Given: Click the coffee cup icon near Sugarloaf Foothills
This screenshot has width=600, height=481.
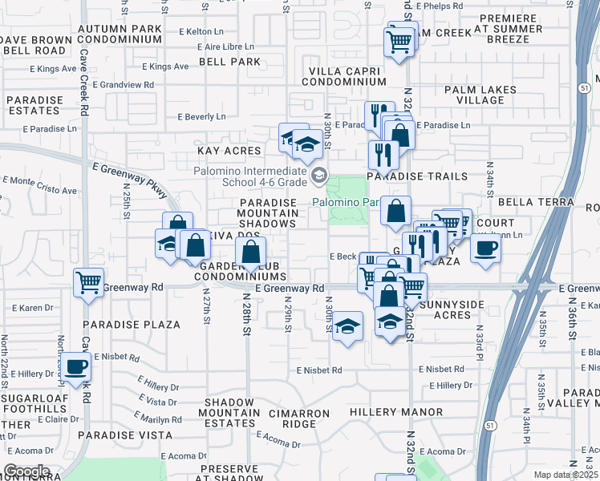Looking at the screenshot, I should click(x=76, y=367).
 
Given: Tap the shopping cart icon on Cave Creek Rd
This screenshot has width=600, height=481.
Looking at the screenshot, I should click(x=88, y=282).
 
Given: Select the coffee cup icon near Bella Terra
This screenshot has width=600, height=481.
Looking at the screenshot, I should click(x=485, y=249).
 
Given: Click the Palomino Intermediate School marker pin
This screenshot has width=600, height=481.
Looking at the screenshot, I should click(x=319, y=175).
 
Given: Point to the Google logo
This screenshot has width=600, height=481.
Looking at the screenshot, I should click(x=26, y=471).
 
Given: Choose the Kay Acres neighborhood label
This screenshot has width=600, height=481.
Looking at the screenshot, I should click(x=229, y=151).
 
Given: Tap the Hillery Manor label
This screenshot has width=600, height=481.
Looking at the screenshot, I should click(x=396, y=412).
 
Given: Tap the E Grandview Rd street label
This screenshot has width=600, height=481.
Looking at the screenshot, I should click(x=123, y=84).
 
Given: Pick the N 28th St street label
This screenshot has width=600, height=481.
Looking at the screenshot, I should click(x=247, y=314).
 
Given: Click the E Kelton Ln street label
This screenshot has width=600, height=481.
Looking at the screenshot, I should click(x=201, y=31).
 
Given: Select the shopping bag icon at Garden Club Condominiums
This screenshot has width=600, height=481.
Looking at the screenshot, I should click(x=252, y=251).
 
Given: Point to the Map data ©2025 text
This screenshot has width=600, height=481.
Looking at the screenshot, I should click(x=565, y=475).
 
